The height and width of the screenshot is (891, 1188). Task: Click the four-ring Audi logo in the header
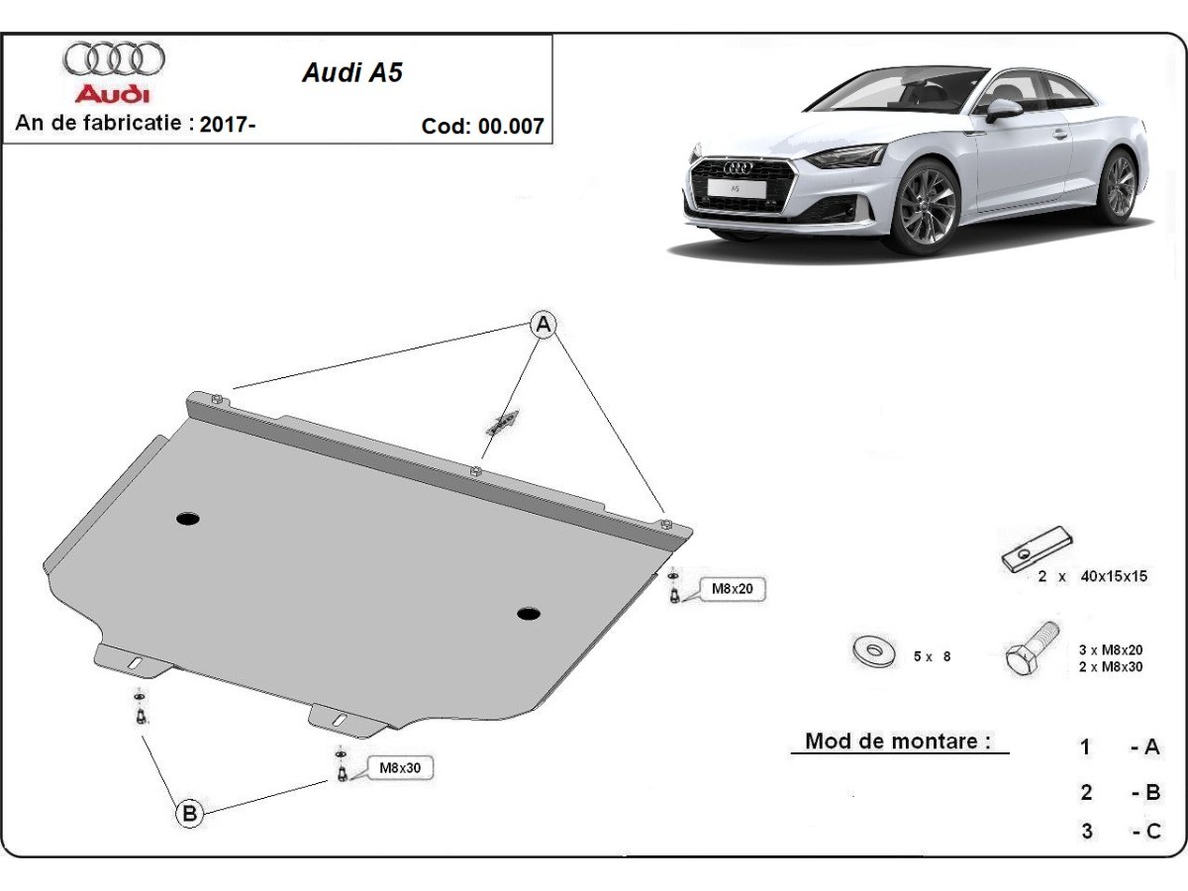pyautogui.click(x=114, y=59)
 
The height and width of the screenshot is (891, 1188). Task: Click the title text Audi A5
pyautogui.click(x=352, y=72)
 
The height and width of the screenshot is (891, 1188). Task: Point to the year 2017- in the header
pyautogui.click(x=228, y=125)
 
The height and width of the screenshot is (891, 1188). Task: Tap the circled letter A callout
pyautogui.click(x=543, y=324)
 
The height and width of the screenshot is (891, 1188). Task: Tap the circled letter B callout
pyautogui.click(x=189, y=814)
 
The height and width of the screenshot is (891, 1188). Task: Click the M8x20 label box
pyautogui.click(x=734, y=589)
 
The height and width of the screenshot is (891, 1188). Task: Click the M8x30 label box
pyautogui.click(x=400, y=767)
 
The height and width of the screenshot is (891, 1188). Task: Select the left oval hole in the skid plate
pyautogui.click(x=187, y=518)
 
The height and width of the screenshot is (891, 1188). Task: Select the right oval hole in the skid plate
pyautogui.click(x=529, y=614)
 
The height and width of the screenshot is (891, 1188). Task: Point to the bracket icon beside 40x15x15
pyautogui.click(x=1036, y=549)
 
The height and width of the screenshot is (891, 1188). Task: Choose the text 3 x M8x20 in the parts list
pyautogui.click(x=1111, y=649)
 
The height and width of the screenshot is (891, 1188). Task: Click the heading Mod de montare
pyautogui.click(x=898, y=741)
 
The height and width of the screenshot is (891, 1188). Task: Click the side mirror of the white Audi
pyautogui.click(x=1003, y=108)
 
